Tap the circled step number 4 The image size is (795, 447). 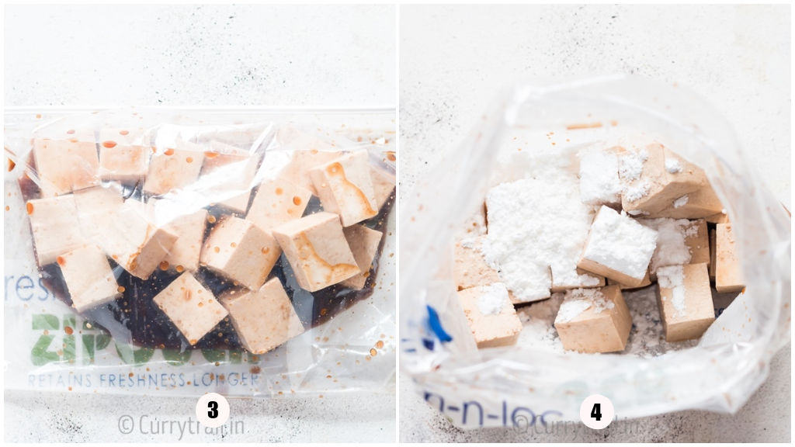[596, 412]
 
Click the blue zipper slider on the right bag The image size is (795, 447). [437, 324]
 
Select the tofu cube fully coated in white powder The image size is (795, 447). [619, 245]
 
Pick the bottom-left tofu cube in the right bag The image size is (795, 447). [489, 314]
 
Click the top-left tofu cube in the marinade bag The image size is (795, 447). [65, 165]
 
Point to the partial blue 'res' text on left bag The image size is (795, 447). [19, 288]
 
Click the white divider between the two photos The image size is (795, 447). [397, 223]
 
